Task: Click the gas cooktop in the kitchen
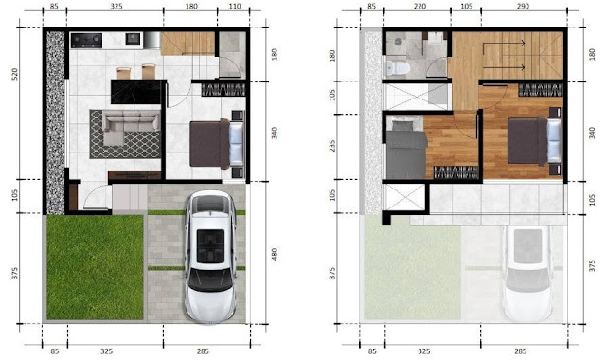click(x=86, y=40)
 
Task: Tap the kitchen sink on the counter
click(x=133, y=39)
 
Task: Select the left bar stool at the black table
click(x=124, y=73)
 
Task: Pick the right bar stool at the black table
click(x=149, y=72)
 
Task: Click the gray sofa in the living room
click(x=130, y=124)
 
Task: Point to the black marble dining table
click(x=136, y=92)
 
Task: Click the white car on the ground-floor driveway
click(x=210, y=256)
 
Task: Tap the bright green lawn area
click(x=95, y=267)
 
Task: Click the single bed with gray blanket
click(x=406, y=150)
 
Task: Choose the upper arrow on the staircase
click(x=504, y=44)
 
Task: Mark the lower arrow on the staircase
click(x=504, y=67)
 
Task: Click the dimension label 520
click(x=15, y=74)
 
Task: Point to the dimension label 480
click(x=275, y=254)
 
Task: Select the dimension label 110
click(x=235, y=7)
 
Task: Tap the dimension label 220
click(x=419, y=7)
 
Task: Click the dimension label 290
click(x=523, y=7)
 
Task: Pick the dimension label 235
click(x=332, y=146)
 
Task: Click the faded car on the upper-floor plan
click(x=527, y=274)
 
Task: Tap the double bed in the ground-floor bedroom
click(x=217, y=144)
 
